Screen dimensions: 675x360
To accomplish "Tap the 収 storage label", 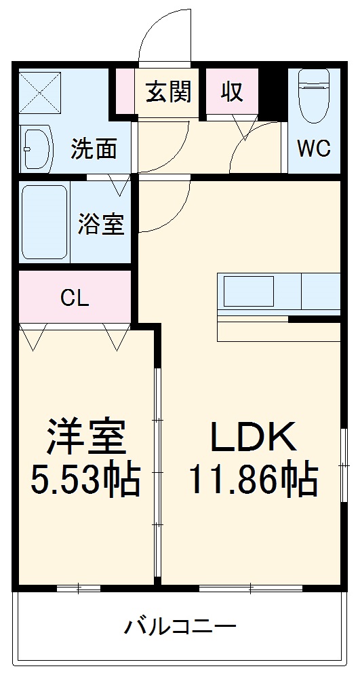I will click(x=233, y=91).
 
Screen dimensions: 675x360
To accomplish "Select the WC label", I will click(x=313, y=149).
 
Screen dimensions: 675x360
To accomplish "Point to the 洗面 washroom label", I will click(x=94, y=149).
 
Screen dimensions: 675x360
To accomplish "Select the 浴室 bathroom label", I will click(x=101, y=225).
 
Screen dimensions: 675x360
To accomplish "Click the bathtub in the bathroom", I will click(x=43, y=223).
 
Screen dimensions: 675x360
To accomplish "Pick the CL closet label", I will click(x=75, y=298).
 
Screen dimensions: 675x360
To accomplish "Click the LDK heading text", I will click(x=252, y=438).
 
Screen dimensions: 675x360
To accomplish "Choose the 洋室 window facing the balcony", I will click(x=79, y=587).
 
